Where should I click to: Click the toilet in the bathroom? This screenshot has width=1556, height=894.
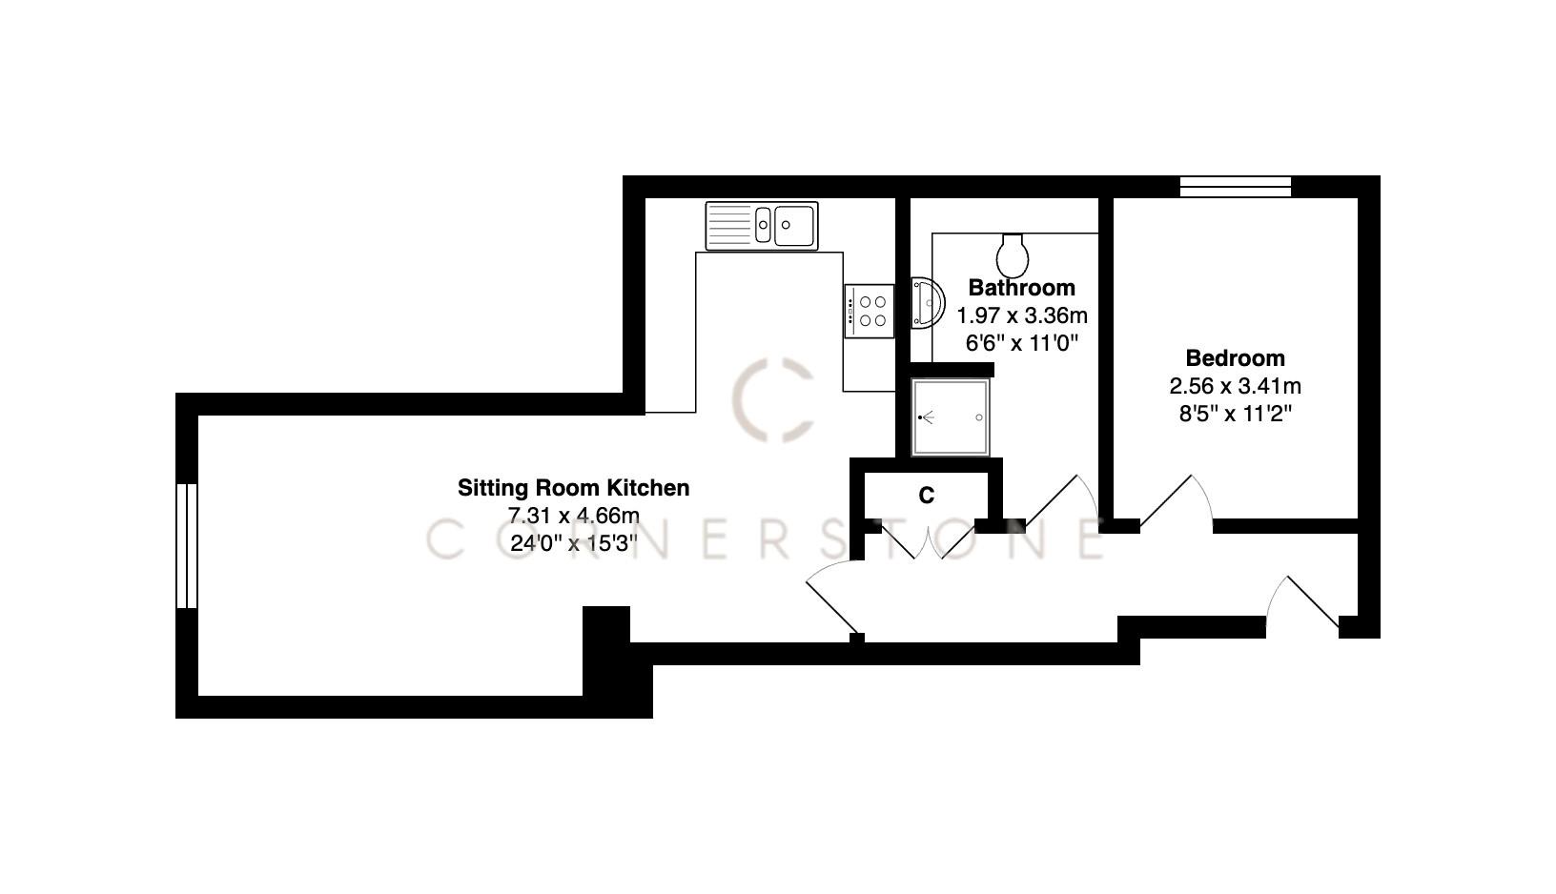coord(1013,254)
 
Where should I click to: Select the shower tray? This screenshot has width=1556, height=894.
coord(949,417)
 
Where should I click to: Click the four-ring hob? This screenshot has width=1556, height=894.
coord(870,311)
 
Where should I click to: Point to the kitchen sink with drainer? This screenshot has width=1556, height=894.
coord(762,226)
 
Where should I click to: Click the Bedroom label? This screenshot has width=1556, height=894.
coord(1235,358)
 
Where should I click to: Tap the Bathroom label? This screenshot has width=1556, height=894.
coord(1021,288)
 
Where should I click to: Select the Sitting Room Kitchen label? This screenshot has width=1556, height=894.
coord(573,488)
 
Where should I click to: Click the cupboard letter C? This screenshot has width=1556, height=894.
coord(926,496)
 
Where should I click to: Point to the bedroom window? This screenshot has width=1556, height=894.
coord(1235,187)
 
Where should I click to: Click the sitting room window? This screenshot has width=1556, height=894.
coord(187,545)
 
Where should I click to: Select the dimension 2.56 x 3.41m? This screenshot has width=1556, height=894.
coord(1235,387)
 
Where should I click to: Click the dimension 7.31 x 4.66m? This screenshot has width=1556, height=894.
coord(573,517)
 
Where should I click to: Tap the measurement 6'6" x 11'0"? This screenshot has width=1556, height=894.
coord(1021,343)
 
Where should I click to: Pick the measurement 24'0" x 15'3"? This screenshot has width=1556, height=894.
coord(573,544)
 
